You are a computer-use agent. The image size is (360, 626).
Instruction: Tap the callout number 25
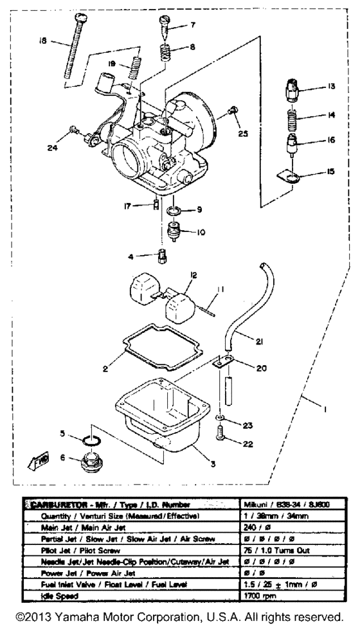pyautogui.click(x=242, y=135)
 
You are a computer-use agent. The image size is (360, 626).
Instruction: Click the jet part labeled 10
pyautogui.click(x=172, y=230)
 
